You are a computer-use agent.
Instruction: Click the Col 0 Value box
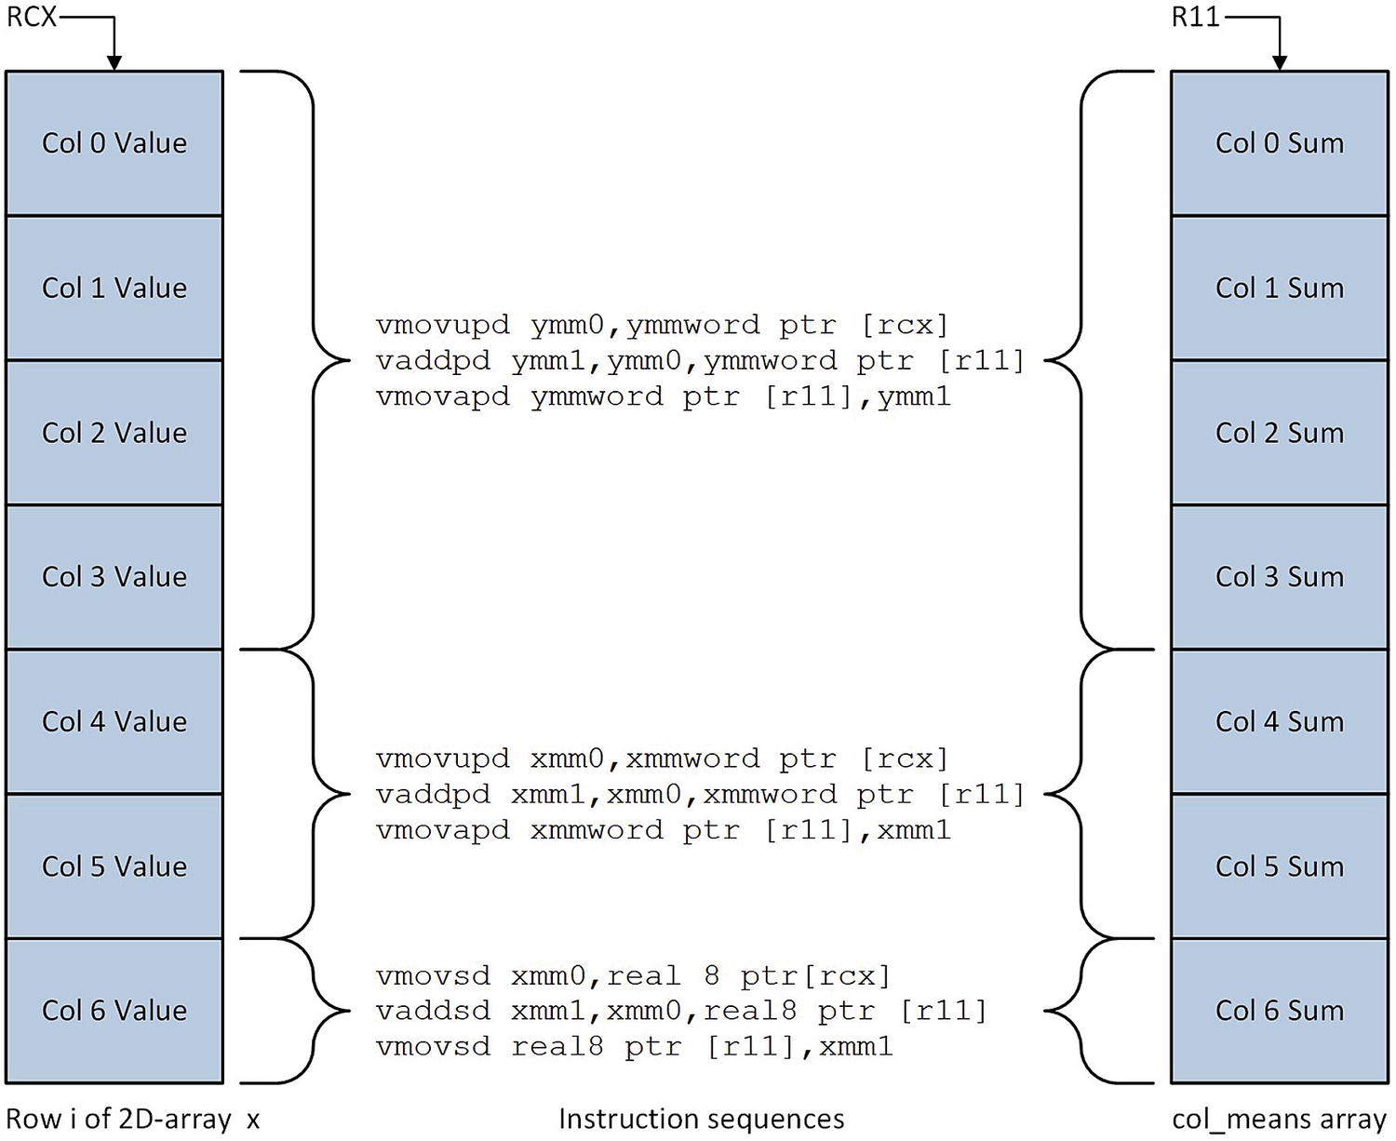(114, 143)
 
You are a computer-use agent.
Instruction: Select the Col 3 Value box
(114, 577)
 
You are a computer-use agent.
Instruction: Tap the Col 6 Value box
(114, 1011)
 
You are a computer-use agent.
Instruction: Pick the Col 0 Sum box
(1279, 143)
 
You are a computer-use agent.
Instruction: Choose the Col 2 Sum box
(1279, 433)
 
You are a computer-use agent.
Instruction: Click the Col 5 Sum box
(1279, 866)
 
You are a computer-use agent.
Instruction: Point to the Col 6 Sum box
(1279, 1011)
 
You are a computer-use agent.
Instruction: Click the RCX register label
(32, 17)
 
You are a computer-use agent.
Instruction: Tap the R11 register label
(1195, 17)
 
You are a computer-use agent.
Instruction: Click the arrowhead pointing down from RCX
(114, 62)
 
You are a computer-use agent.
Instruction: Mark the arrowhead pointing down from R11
(1280, 62)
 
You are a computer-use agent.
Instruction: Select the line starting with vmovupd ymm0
(662, 325)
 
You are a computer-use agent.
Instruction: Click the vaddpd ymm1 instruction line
(700, 360)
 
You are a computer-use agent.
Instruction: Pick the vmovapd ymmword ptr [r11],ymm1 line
(663, 396)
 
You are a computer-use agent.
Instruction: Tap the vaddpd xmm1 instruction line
(700, 794)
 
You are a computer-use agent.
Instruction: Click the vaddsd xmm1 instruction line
(681, 1011)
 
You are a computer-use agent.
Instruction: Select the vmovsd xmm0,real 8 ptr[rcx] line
(633, 975)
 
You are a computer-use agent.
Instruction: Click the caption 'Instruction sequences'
(701, 1119)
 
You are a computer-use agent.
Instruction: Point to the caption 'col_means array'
(1279, 1119)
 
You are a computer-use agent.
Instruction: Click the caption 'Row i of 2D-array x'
(133, 1119)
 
